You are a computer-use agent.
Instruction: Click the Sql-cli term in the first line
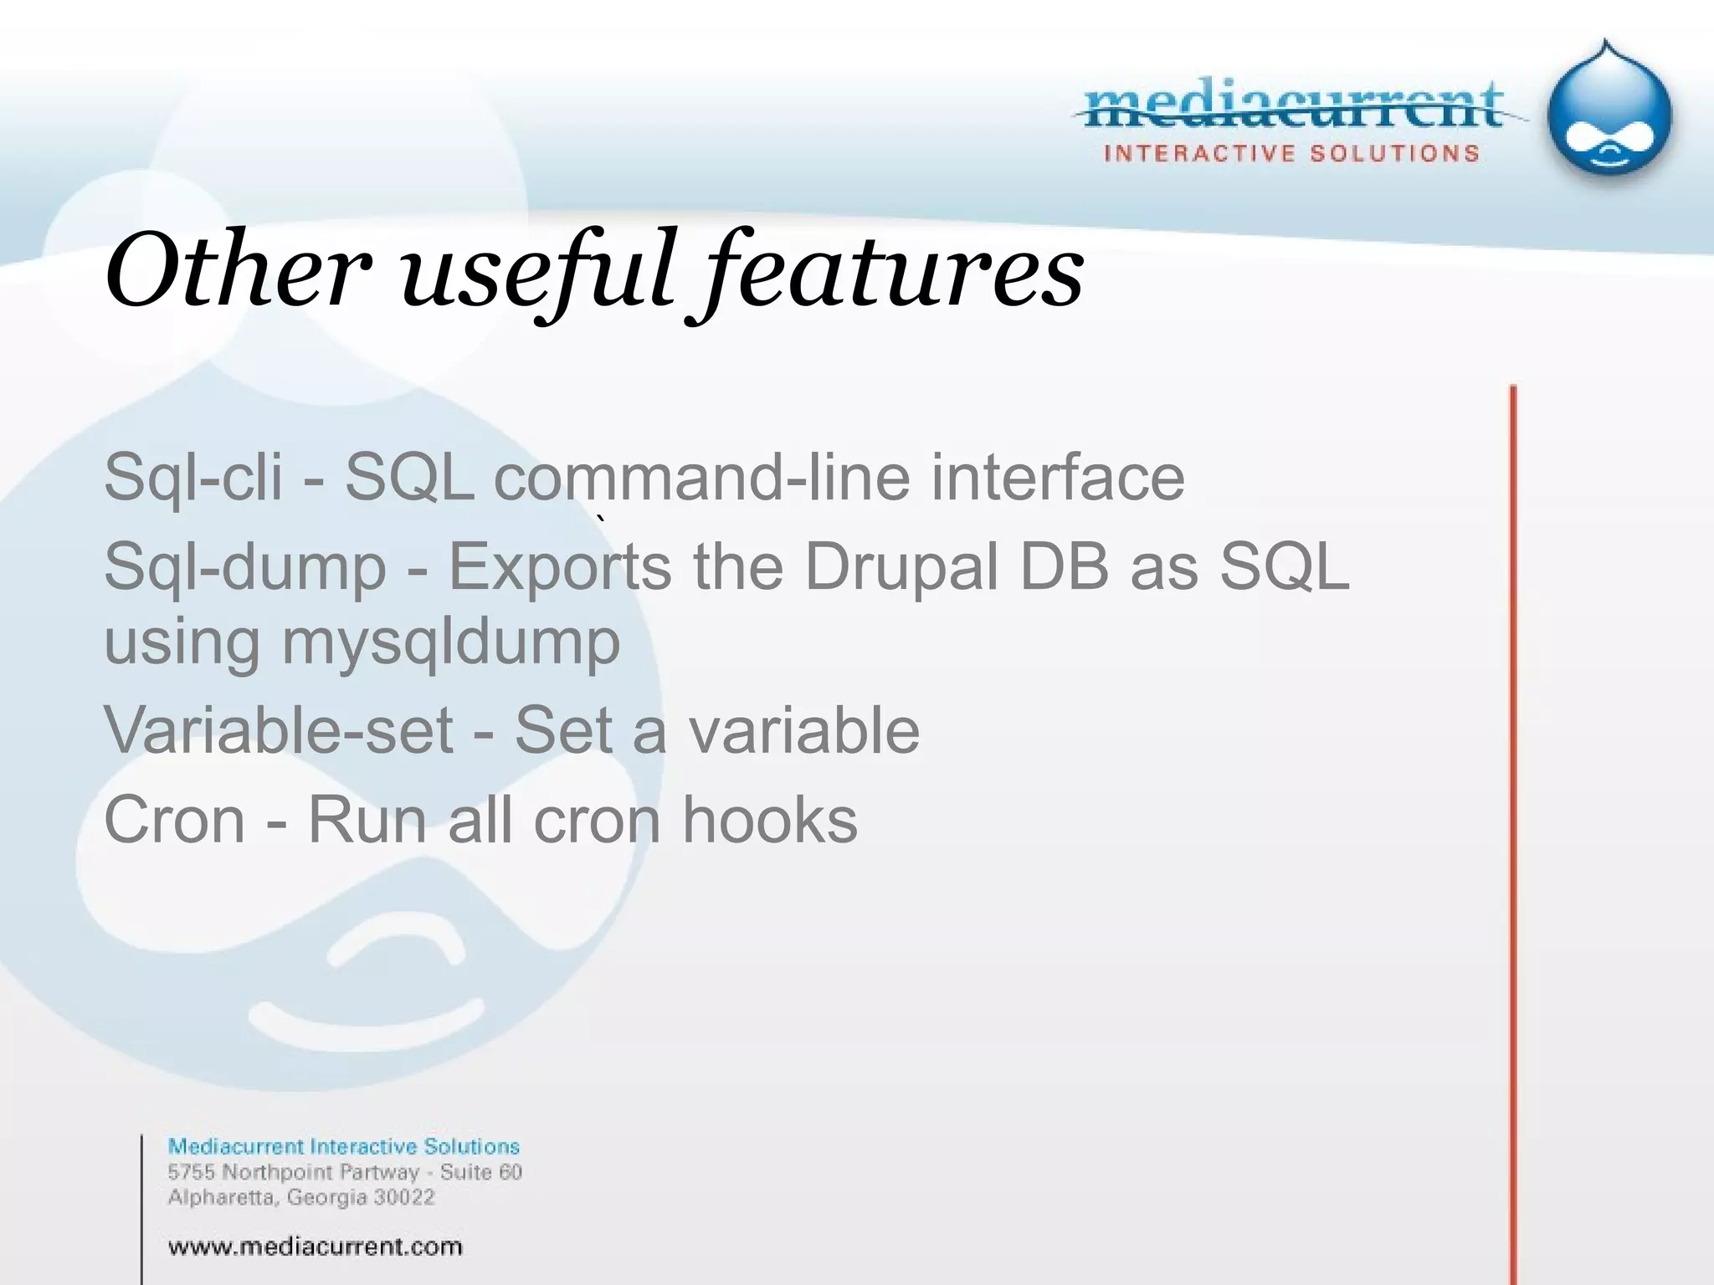pyautogui.click(x=193, y=477)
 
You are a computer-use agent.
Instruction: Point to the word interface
pyautogui.click(x=1058, y=477)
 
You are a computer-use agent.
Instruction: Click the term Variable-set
pyautogui.click(x=278, y=730)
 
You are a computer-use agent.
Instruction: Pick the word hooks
pyautogui.click(x=770, y=820)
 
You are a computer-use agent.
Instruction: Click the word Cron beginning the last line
pyautogui.click(x=174, y=820)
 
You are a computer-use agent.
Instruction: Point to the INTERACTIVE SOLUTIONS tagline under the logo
pyautogui.click(x=1291, y=154)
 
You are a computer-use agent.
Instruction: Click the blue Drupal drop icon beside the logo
pyautogui.click(x=1609, y=113)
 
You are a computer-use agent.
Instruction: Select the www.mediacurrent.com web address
pyautogui.click(x=315, y=1247)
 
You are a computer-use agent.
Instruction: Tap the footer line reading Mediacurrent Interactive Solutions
pyautogui.click(x=343, y=1146)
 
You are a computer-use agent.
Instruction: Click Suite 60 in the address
pyautogui.click(x=480, y=1172)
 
